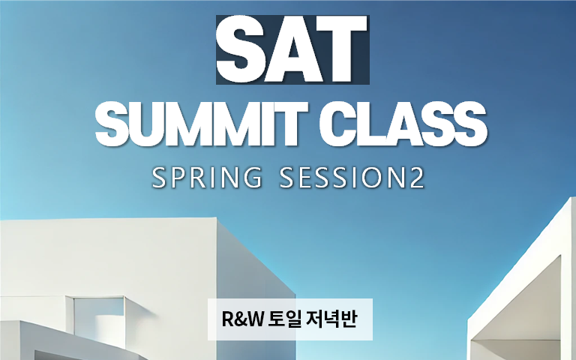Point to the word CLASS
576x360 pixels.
pyautogui.click(x=403, y=124)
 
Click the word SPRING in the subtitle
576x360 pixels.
pyautogui.click(x=207, y=178)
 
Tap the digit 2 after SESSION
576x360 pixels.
pyautogui.click(x=415, y=178)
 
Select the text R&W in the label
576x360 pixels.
pyautogui.click(x=242, y=319)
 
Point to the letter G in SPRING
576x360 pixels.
pyautogui.click(x=252, y=178)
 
